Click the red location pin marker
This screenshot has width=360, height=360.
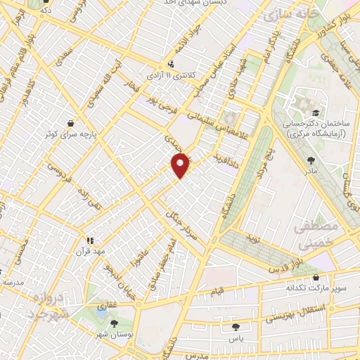pyautogui.click(x=180, y=166)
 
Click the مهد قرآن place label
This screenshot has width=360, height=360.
pyautogui.click(x=90, y=250)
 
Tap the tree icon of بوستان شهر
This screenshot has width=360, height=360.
pyautogui.click(x=114, y=323)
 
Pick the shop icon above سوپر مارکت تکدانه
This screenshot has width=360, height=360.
pyautogui.click(x=315, y=276)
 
